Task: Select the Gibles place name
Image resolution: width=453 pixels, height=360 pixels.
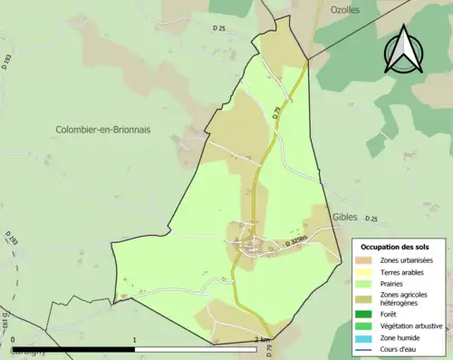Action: click(x=345, y=218)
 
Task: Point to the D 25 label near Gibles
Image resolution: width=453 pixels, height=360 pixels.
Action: click(x=372, y=219)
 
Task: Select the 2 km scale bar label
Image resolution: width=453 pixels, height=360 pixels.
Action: click(x=263, y=340)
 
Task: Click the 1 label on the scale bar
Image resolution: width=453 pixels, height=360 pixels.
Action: click(x=135, y=340)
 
